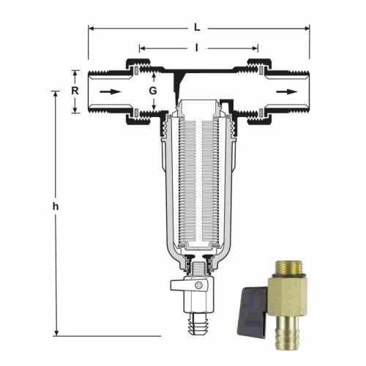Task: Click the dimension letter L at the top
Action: tap(197, 28)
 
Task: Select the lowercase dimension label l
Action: tap(196, 48)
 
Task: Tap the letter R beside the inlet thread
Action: tap(75, 91)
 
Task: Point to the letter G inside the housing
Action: tap(153, 91)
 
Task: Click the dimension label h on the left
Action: tap(56, 206)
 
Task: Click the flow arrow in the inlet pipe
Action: tap(111, 91)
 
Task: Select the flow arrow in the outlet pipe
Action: tap(287, 91)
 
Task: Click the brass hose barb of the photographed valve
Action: tap(287, 329)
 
